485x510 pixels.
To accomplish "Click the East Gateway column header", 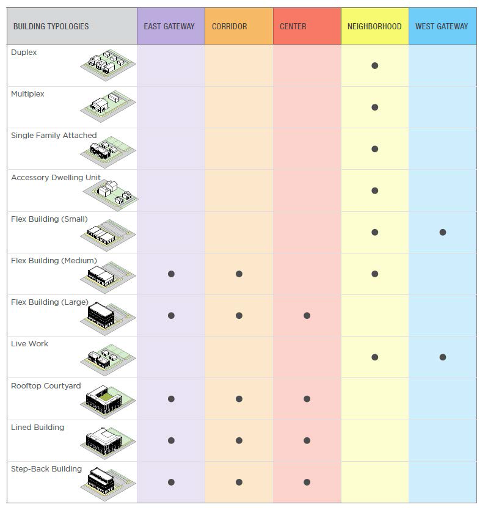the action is [x=169, y=26].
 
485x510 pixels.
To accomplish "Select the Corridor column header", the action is [x=229, y=26].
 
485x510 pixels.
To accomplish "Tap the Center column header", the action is [x=293, y=26].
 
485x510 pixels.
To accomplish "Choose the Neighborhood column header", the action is [x=374, y=26].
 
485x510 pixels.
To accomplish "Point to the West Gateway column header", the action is [x=442, y=26].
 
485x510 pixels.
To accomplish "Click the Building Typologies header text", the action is [x=51, y=26].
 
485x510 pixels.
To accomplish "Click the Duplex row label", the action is [x=24, y=53].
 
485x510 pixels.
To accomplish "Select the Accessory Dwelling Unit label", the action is [x=56, y=178].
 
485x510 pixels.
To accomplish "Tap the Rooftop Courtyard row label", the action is [x=46, y=386].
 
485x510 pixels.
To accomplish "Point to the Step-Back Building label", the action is [x=46, y=469].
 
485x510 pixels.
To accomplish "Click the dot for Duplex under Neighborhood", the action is [x=375, y=65].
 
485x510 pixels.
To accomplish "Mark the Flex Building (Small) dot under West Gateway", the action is [x=443, y=232].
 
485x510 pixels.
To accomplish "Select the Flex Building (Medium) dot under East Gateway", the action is [x=171, y=274].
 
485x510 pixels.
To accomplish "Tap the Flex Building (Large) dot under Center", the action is [x=307, y=316].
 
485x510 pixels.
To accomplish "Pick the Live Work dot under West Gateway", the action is [x=443, y=357].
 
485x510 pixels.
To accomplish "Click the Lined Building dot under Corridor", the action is [x=239, y=440].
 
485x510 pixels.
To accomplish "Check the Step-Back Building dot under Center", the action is [x=307, y=482].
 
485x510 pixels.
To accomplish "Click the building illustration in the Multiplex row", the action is [x=108, y=107].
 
